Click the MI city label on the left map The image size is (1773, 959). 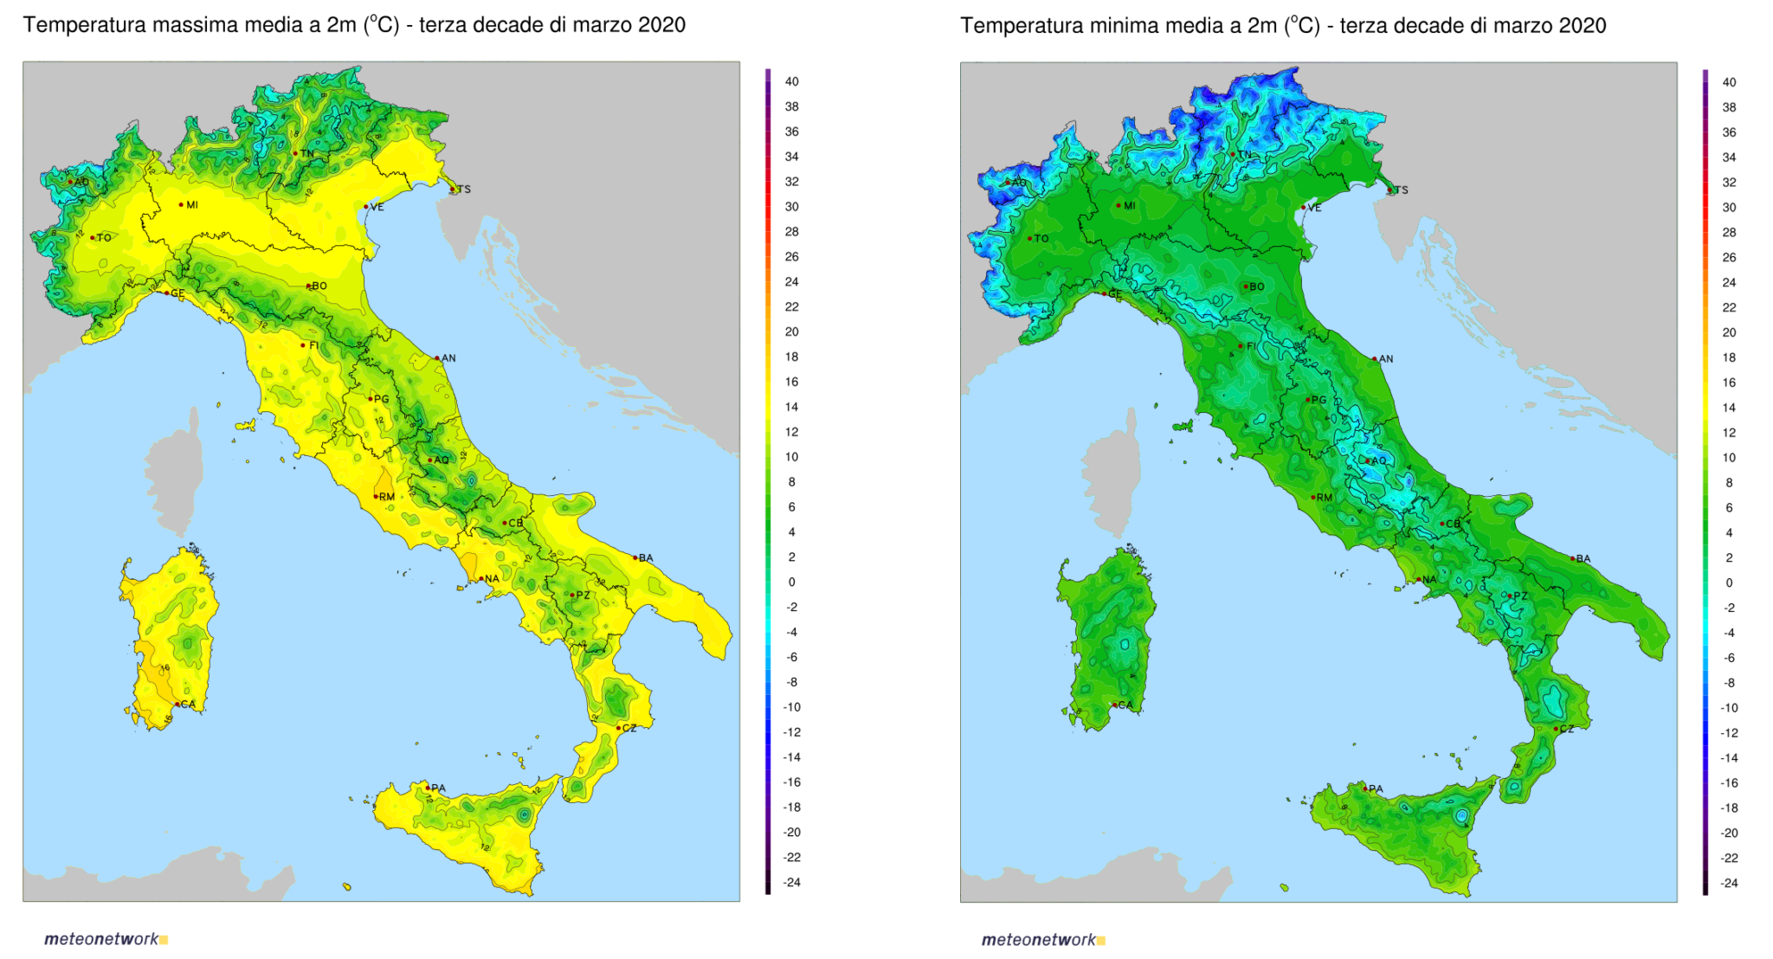pos(192,205)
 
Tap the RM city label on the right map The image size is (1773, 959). pos(1325,498)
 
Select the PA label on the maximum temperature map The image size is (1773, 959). pos(439,788)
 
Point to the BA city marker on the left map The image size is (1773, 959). pos(635,557)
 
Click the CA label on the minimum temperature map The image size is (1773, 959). pos(1125,705)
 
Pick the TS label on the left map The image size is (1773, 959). pos(464,190)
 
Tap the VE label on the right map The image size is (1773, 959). pos(1315,208)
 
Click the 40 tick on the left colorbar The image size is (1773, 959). pos(791,81)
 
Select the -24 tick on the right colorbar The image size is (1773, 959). pos(1729,884)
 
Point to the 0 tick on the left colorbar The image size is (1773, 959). pos(791,582)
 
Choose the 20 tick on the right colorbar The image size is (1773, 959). pos(1729,332)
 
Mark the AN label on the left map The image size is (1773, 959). pos(448,358)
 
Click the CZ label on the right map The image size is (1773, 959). pos(1567,729)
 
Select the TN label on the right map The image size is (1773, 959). pos(1245,155)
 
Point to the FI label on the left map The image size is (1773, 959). pos(314,345)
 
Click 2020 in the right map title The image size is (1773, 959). pos(1583,26)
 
